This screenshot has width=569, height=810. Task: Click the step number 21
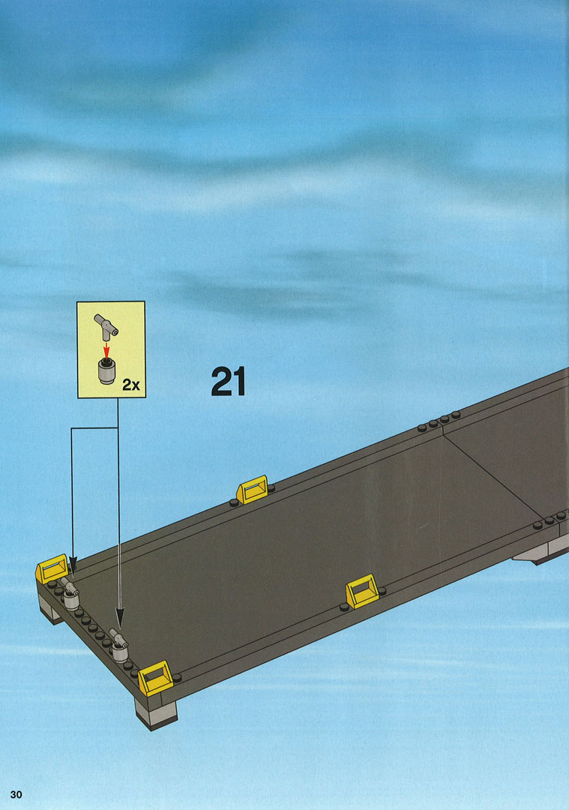click(228, 381)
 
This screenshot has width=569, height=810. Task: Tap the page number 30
click(16, 794)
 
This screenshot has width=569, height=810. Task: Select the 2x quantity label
click(131, 385)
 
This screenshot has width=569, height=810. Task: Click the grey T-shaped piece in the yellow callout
click(106, 328)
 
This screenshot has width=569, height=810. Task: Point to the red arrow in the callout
click(106, 350)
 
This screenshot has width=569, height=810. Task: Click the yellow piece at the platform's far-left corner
click(52, 568)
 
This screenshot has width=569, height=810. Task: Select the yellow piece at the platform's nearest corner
click(155, 678)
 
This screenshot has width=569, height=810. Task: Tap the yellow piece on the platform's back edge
click(253, 490)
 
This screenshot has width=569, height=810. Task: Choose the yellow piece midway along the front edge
click(362, 592)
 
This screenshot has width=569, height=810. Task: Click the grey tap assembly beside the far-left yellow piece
click(69, 594)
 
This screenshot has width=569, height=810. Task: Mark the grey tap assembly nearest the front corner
click(119, 645)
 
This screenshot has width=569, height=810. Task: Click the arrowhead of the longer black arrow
click(119, 618)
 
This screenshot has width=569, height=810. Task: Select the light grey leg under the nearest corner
click(155, 713)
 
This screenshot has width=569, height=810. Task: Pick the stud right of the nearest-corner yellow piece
click(177, 677)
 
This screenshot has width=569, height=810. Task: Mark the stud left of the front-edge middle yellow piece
click(344, 607)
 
